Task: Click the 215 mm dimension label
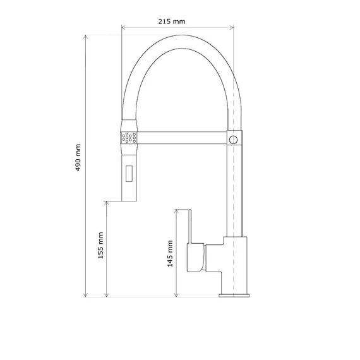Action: click(172, 21)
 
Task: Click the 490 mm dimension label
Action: click(78, 157)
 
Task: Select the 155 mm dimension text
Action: click(100, 245)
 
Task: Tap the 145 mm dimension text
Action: click(170, 254)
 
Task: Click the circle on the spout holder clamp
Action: click(233, 140)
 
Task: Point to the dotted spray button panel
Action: click(129, 138)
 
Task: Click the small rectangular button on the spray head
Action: click(129, 174)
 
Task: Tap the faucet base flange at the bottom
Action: click(234, 295)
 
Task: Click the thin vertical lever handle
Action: click(190, 226)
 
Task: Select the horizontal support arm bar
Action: click(182, 138)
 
